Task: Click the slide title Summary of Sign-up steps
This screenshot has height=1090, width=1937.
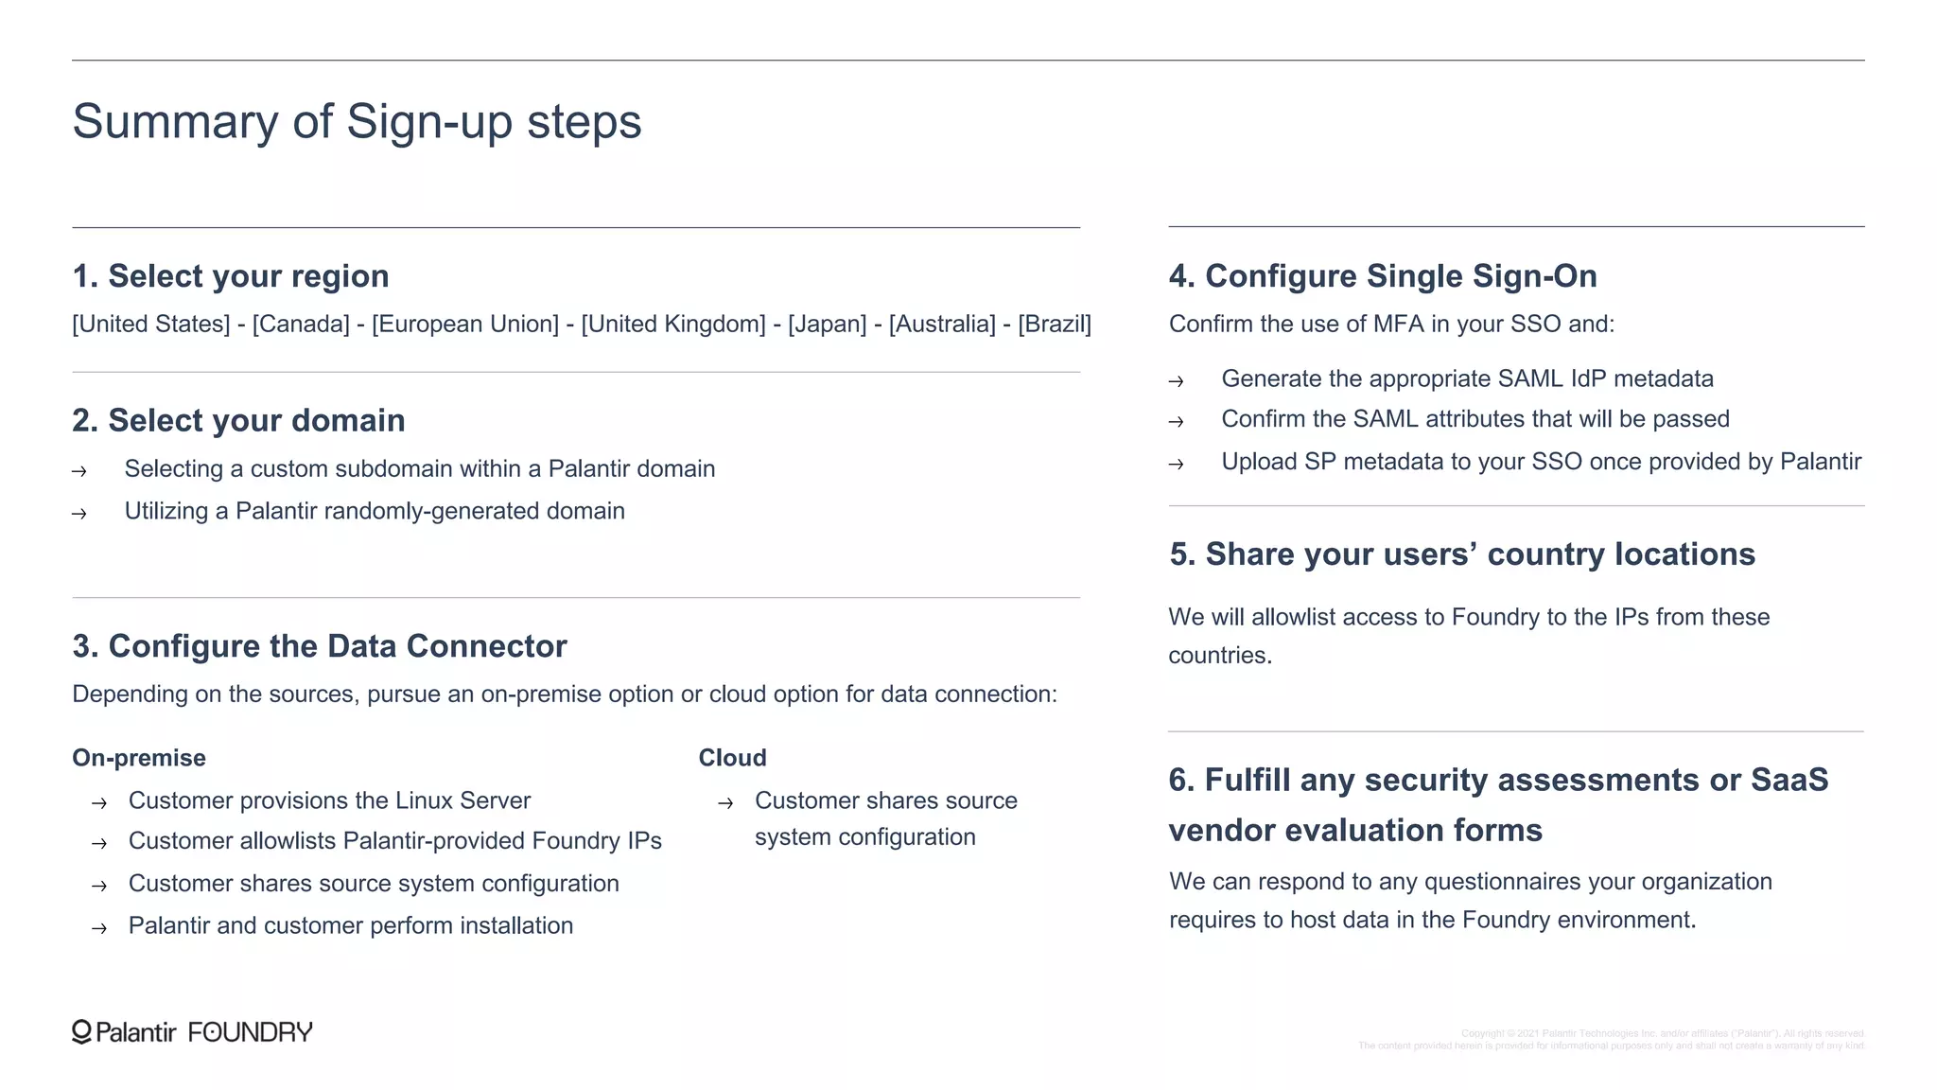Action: coord(357,122)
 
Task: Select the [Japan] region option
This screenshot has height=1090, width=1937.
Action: coord(827,325)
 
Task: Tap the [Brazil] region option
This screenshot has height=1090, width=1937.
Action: coord(1054,325)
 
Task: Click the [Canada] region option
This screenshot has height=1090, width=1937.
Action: coord(301,325)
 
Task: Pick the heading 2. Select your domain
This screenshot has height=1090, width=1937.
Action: coord(238,420)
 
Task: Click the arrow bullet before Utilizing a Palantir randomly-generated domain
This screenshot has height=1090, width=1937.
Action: coord(79,514)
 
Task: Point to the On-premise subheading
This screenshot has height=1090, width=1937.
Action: coord(139,758)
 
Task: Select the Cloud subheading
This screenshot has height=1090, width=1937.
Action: coord(732,758)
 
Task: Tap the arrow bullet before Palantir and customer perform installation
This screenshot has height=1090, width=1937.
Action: coord(99,928)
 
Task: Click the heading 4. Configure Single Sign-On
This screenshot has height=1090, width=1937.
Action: coord(1383,276)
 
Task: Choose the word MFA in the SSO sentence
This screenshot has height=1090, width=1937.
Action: coord(1398,325)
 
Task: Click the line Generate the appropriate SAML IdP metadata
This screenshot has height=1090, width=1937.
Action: coord(1467,378)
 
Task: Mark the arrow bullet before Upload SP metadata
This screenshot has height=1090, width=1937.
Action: coord(1176,465)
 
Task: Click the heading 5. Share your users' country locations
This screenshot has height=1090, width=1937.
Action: coord(1461,554)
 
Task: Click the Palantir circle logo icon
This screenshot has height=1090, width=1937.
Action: coord(82,1032)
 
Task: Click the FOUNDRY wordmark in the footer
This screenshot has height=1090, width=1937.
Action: coord(251,1032)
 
